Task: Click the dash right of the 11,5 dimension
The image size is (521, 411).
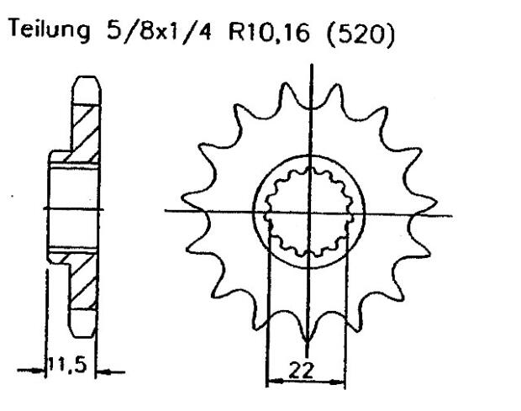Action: tap(113, 369)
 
